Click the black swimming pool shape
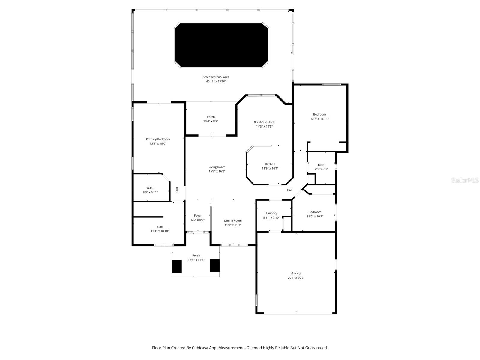click(x=221, y=45)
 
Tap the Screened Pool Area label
click(x=216, y=77)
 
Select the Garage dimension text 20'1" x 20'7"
click(x=296, y=278)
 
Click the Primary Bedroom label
click(x=158, y=139)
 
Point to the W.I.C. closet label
click(x=150, y=188)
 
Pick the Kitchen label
click(x=270, y=164)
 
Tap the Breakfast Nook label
click(x=264, y=122)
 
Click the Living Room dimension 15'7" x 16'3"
click(x=217, y=171)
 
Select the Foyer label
click(x=198, y=216)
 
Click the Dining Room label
click(x=233, y=221)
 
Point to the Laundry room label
click(x=271, y=213)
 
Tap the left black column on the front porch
click(x=177, y=266)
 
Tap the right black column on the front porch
click(x=214, y=265)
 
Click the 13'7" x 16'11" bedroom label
click(x=319, y=114)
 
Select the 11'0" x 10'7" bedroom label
click(x=315, y=212)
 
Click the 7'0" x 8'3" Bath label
click(x=321, y=165)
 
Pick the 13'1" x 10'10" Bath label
click(x=160, y=227)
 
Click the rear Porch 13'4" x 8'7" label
click(x=211, y=117)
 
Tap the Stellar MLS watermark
click(x=465, y=180)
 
